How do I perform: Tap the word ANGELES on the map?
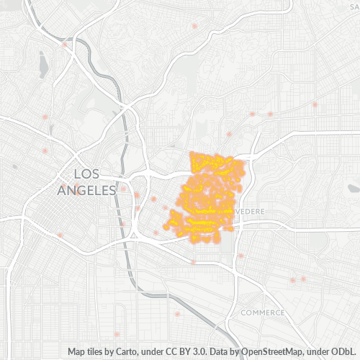(x=87, y=190)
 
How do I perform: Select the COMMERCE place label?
(x=263, y=312)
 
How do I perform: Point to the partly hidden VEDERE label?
(x=249, y=212)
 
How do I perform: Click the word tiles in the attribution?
(x=98, y=351)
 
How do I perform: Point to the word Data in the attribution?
(x=223, y=351)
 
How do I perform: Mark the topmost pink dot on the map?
(x=194, y=26)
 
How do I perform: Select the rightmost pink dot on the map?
(x=315, y=105)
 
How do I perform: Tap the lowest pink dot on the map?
(x=117, y=334)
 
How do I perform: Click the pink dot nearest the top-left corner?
(x=65, y=45)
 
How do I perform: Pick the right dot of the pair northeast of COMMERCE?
(x=303, y=279)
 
